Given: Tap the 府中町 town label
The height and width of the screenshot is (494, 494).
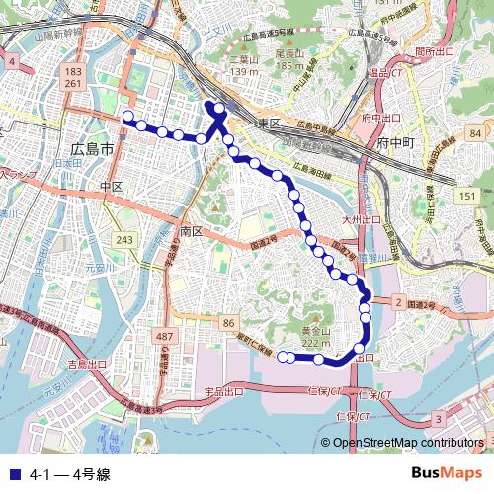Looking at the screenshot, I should (398, 143).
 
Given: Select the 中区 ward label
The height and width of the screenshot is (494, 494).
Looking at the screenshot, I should (110, 186).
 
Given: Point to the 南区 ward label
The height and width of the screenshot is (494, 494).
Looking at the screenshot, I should (191, 230).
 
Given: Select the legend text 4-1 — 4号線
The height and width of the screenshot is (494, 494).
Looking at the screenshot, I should (69, 474).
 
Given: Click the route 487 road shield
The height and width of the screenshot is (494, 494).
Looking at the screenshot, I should (165, 338).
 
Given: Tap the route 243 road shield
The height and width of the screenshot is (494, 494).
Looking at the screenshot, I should (124, 240).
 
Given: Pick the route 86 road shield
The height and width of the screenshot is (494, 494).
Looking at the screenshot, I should (228, 323).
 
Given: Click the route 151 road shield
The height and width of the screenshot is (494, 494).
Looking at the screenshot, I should (464, 197).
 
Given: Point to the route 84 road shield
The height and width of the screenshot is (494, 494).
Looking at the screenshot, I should (475, 133).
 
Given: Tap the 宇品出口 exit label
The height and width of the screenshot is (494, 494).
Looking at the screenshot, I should (223, 392).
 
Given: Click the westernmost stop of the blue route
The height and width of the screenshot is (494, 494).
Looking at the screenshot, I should (127, 118).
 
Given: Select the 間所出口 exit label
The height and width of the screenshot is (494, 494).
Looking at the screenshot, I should (434, 51).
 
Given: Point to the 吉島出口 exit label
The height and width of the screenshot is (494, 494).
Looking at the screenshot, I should (87, 365).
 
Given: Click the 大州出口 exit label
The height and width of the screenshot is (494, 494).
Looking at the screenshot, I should (361, 219).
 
